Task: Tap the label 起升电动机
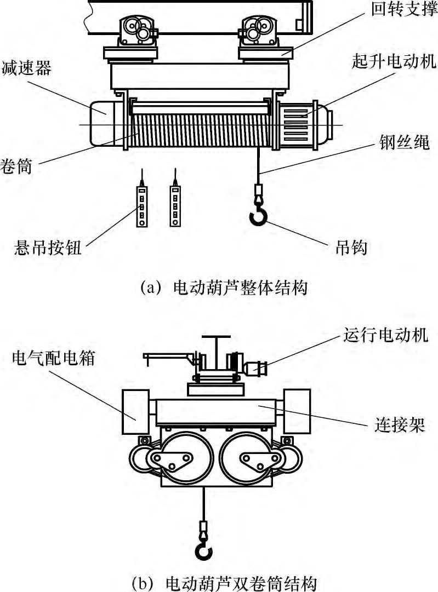click(394, 62)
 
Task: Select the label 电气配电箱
click(53, 359)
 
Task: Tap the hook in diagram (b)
click(203, 551)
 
